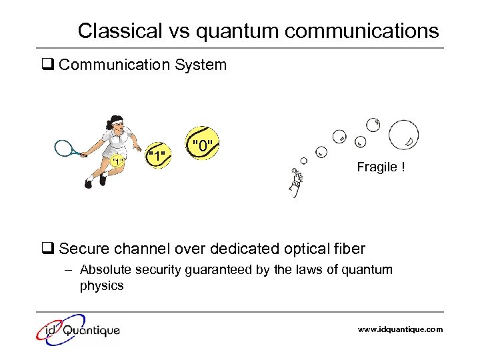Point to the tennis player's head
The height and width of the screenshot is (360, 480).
click(x=115, y=123)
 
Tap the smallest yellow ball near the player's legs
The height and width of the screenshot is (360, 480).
click(x=119, y=161)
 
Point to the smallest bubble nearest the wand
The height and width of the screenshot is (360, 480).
click(x=304, y=161)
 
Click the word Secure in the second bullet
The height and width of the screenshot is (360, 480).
click(x=82, y=249)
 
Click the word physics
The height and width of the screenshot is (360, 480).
click(x=101, y=286)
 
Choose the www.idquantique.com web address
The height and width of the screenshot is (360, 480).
click(x=400, y=329)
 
